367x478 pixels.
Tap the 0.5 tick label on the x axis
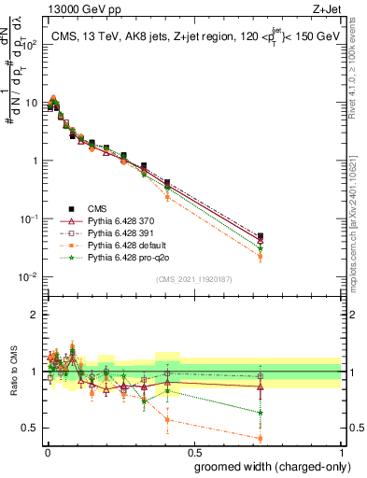pos(194,454)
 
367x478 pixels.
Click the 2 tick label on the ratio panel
pos(35,315)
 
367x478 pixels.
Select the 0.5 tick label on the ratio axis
pos(30,429)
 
